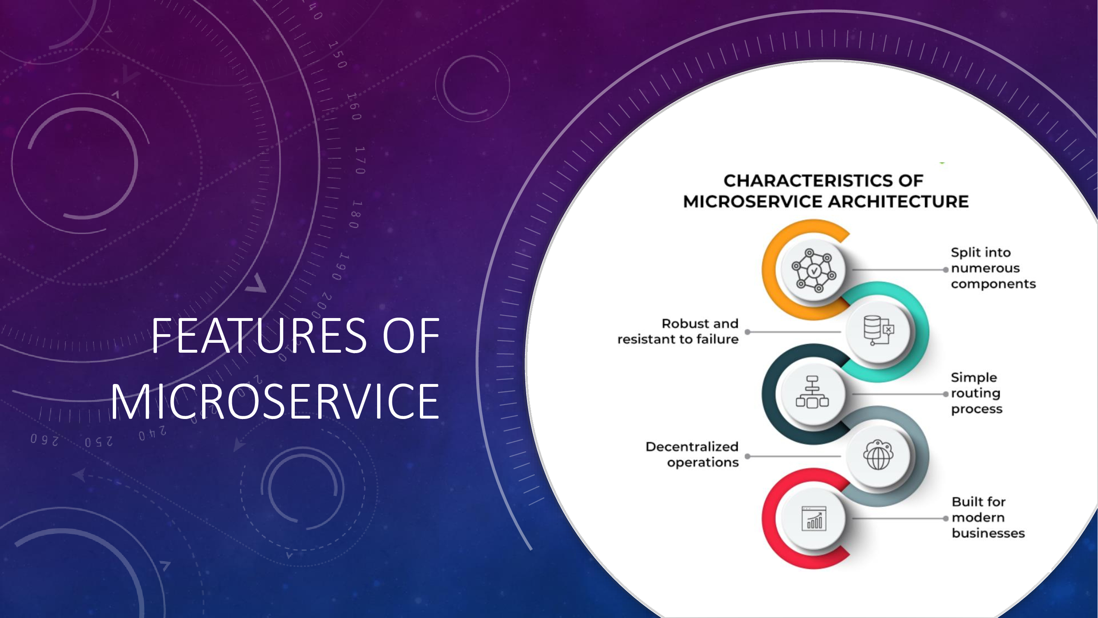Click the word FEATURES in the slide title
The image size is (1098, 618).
point(259,336)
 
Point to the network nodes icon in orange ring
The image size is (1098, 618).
point(813,270)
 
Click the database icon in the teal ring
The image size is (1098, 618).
point(878,330)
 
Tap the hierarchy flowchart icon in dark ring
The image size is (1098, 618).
point(812,392)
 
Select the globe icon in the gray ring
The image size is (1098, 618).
point(878,455)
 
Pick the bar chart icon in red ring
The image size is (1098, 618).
point(814,518)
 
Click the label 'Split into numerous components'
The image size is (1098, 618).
point(993,268)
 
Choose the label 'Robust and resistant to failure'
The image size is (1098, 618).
point(678,331)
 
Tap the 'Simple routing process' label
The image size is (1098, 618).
point(977,393)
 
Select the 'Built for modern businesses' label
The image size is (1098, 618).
point(988,517)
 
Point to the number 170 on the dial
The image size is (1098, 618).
point(361,160)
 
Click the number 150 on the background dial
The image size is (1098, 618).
point(338,55)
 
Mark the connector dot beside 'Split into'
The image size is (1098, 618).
point(945,270)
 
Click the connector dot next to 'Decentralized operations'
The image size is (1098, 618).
point(747,456)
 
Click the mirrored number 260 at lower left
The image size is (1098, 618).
point(44,440)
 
